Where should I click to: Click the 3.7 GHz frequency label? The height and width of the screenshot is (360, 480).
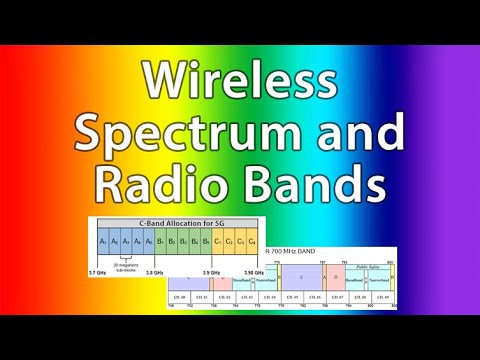98,272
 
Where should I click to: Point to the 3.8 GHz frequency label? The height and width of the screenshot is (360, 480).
155,272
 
